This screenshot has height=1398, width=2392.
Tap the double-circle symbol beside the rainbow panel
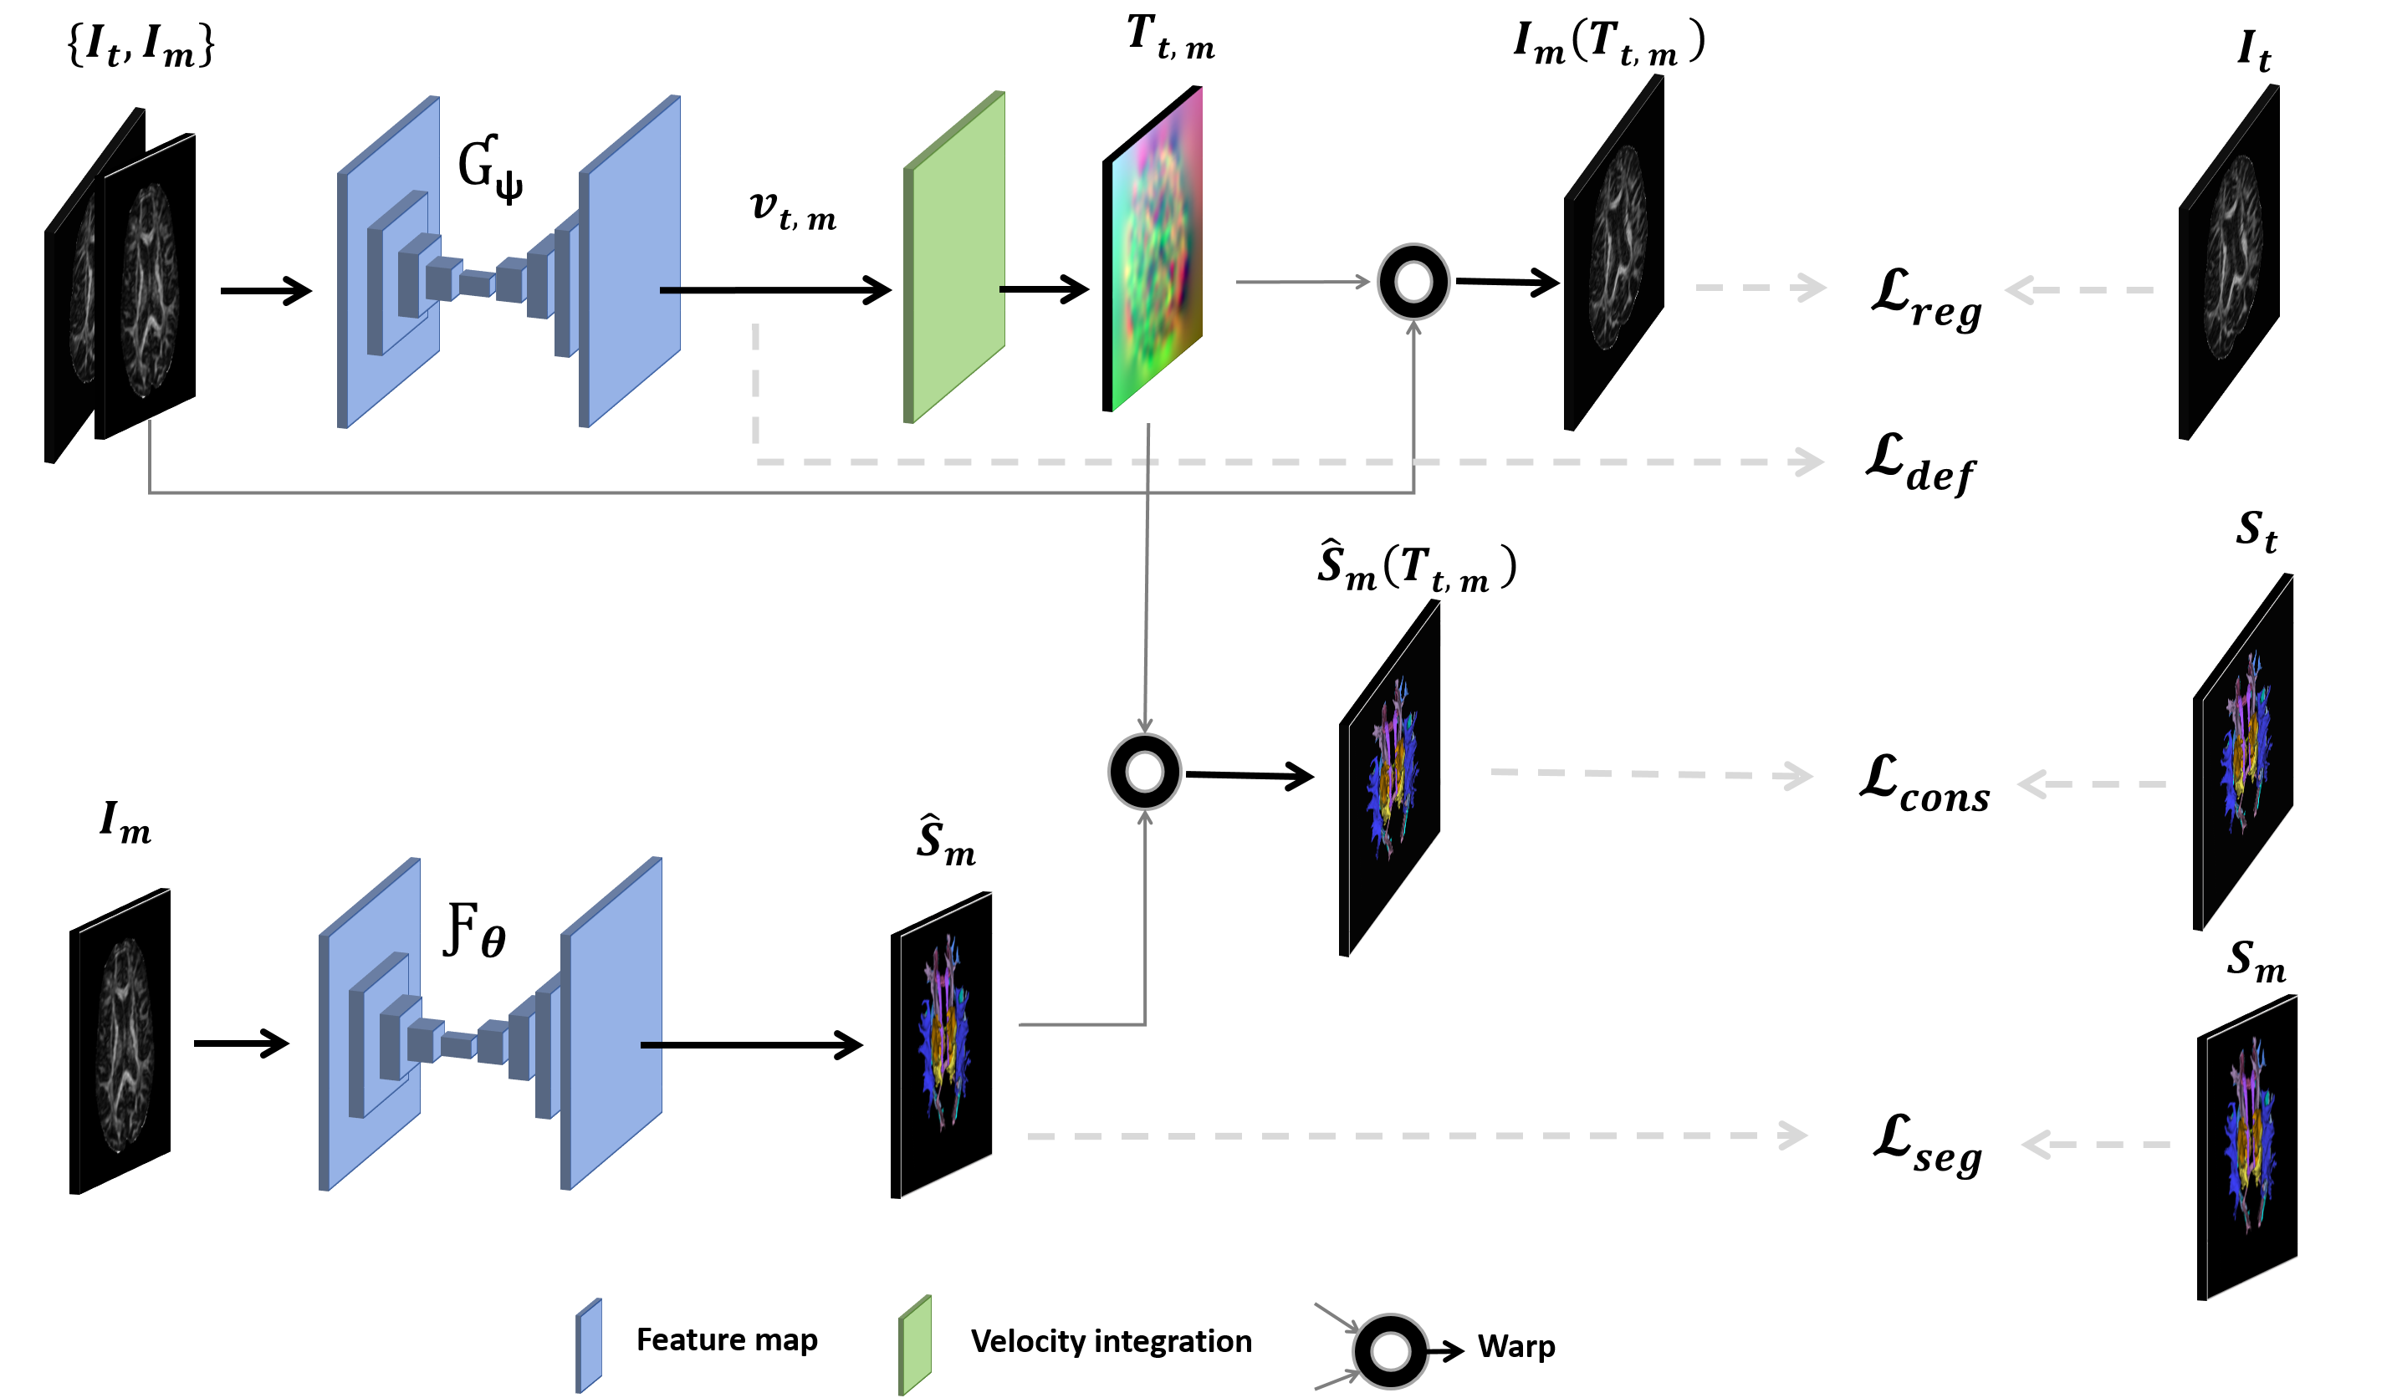(x=1413, y=282)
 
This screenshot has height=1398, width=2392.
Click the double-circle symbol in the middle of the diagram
(x=1145, y=772)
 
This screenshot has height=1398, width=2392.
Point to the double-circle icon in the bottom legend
(x=1391, y=1351)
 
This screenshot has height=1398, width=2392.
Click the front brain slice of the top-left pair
(x=150, y=289)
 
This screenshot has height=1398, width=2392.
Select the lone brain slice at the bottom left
(x=125, y=1044)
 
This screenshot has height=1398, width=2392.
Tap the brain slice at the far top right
(x=2232, y=258)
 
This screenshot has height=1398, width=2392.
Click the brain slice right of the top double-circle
(x=1618, y=248)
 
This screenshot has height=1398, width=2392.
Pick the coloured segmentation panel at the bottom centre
(x=947, y=1044)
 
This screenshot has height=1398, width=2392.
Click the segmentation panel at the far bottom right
(x=2251, y=1145)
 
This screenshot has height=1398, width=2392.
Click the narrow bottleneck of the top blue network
(x=477, y=283)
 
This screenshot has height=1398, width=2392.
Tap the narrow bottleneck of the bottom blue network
(x=457, y=1045)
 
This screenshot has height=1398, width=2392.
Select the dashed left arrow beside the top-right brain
(x=2078, y=289)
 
